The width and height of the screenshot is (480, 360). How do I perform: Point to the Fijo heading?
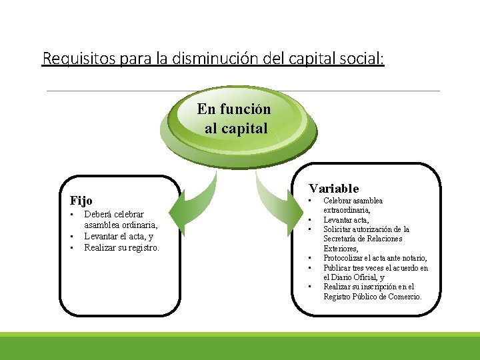[81, 200]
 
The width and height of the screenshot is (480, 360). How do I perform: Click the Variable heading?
[333, 189]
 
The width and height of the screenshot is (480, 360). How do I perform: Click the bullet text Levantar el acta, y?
[119, 236]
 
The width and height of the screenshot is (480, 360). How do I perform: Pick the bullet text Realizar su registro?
[122, 247]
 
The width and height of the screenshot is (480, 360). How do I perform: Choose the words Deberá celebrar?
[114, 214]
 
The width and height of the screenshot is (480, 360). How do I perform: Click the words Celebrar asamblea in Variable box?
[353, 200]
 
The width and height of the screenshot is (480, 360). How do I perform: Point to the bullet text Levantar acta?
[346, 219]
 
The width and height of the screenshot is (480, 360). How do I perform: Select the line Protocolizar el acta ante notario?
[375, 258]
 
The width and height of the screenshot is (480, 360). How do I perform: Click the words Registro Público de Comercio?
[373, 297]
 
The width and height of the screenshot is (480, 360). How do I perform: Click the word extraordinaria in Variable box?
[345, 210]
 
